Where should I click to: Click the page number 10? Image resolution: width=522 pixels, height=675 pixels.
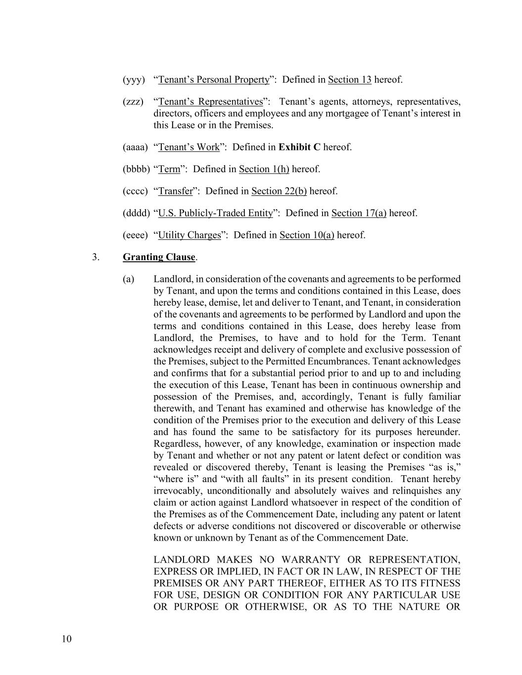click(x=67, y=639)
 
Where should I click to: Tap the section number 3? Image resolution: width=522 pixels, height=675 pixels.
click(x=95, y=257)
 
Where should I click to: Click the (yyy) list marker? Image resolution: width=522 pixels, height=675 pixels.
click(x=134, y=80)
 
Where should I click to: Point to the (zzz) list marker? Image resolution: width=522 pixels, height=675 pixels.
click(x=133, y=102)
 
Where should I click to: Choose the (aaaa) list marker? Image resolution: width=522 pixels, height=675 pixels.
click(x=135, y=147)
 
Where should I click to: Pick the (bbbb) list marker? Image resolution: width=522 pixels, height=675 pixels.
click(x=136, y=169)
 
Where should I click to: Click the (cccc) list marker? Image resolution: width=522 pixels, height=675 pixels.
click(x=135, y=191)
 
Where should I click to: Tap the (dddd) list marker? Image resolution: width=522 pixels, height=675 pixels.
click(x=136, y=213)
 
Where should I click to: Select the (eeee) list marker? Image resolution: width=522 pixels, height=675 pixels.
click(x=135, y=235)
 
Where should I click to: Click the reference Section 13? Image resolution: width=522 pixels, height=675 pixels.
click(x=349, y=80)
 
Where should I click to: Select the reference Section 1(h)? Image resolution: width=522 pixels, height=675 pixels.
click(x=264, y=169)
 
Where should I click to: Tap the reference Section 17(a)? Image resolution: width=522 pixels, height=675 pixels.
click(x=359, y=213)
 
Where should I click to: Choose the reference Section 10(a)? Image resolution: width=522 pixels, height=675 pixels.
click(x=307, y=235)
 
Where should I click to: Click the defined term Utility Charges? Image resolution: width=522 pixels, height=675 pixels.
click(x=189, y=235)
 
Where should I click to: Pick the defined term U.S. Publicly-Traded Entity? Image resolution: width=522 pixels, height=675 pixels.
click(x=215, y=213)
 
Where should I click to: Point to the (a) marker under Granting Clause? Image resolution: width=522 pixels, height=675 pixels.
click(x=128, y=279)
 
